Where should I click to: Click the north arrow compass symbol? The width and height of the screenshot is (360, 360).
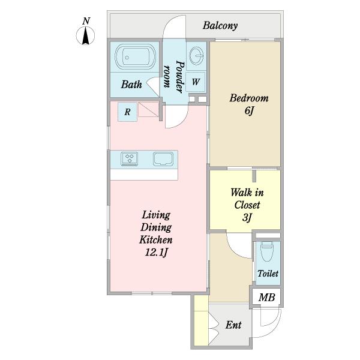(86, 37)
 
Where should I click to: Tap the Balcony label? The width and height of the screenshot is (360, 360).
(220, 26)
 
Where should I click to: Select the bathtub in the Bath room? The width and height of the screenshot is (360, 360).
(135, 58)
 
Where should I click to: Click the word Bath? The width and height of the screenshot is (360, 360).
(131, 85)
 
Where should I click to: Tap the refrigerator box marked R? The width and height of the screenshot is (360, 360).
(128, 112)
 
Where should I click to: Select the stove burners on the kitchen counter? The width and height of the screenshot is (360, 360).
(130, 159)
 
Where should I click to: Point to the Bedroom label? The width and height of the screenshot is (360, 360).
(249, 98)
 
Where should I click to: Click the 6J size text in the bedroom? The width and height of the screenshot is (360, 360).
(249, 111)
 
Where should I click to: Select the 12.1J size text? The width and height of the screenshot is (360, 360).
(156, 251)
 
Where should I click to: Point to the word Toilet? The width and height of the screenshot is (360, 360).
(268, 274)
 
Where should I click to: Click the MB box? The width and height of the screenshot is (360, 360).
(266, 296)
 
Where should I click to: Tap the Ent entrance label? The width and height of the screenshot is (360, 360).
(233, 325)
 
